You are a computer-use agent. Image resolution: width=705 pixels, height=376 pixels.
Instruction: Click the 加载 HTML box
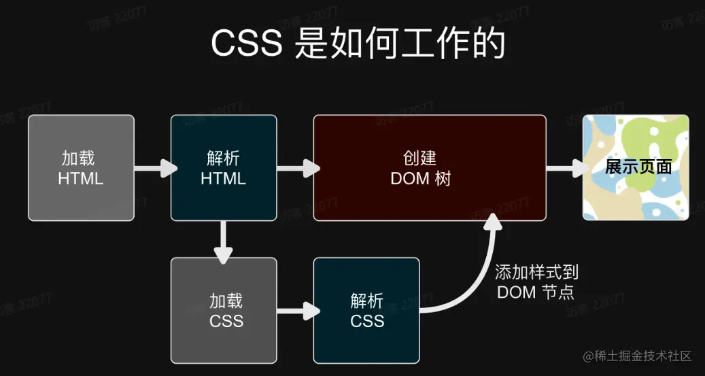[81, 168]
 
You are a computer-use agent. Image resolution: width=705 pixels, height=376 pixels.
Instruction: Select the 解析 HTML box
[224, 168]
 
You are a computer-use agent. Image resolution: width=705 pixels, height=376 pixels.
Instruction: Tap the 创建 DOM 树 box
[429, 168]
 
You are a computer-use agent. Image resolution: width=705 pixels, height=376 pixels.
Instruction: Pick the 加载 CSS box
[224, 311]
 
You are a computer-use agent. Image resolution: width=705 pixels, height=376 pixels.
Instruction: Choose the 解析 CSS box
[366, 311]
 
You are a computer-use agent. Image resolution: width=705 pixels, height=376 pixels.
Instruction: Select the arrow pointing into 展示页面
[564, 168]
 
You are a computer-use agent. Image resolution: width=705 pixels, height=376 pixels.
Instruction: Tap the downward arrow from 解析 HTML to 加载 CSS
[224, 239]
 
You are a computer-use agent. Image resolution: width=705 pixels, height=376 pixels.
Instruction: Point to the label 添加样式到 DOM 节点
[536, 282]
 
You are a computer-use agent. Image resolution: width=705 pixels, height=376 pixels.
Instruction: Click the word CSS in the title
[246, 44]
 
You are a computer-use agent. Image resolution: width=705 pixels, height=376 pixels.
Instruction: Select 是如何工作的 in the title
[401, 44]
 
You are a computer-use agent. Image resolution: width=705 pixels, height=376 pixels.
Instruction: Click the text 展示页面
[638, 167]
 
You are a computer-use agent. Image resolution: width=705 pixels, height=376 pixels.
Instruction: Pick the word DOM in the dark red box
[409, 178]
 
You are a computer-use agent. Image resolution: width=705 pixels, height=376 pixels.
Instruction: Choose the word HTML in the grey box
[81, 179]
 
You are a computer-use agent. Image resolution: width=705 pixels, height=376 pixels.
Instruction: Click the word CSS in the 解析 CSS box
[367, 321]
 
